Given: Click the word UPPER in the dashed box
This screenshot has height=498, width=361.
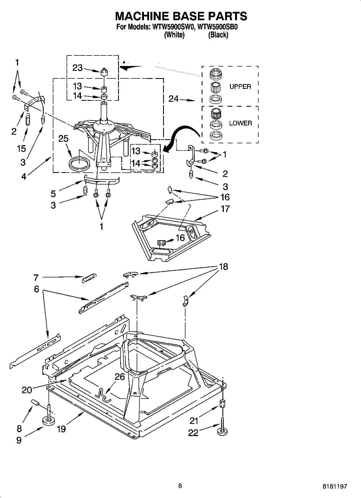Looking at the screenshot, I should point(240,87).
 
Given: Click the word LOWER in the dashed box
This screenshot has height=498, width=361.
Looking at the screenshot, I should point(240,123).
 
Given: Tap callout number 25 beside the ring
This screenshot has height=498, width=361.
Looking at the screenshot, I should point(63,139).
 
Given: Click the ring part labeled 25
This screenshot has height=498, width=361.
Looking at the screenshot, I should point(79,164).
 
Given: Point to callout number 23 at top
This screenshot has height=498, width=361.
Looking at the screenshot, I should point(77,68).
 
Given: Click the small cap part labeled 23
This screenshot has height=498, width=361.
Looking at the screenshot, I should point(104,72).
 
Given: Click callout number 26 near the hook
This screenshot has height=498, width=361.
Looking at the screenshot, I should point(120,376).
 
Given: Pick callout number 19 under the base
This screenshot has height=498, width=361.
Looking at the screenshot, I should point(61,429).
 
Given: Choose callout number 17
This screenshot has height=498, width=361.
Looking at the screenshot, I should point(225,209).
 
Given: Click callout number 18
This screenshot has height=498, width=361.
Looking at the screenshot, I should point(223,267).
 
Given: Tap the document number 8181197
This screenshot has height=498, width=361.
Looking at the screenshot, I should point(335,486).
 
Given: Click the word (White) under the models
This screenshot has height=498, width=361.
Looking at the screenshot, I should point(174,35).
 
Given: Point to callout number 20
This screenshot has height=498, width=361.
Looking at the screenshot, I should point(27,390).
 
